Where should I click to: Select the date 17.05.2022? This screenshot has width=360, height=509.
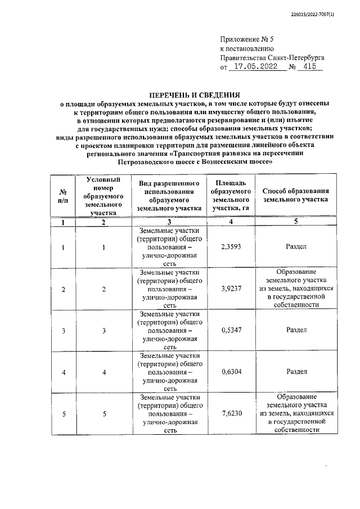click(256, 67)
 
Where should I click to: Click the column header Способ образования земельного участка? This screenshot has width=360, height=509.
click(295, 195)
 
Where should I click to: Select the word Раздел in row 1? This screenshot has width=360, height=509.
click(296, 246)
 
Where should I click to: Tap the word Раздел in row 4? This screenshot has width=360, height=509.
click(296, 371)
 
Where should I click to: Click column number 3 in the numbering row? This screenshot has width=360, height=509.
click(169, 222)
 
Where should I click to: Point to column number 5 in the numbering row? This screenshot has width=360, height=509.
click(296, 222)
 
